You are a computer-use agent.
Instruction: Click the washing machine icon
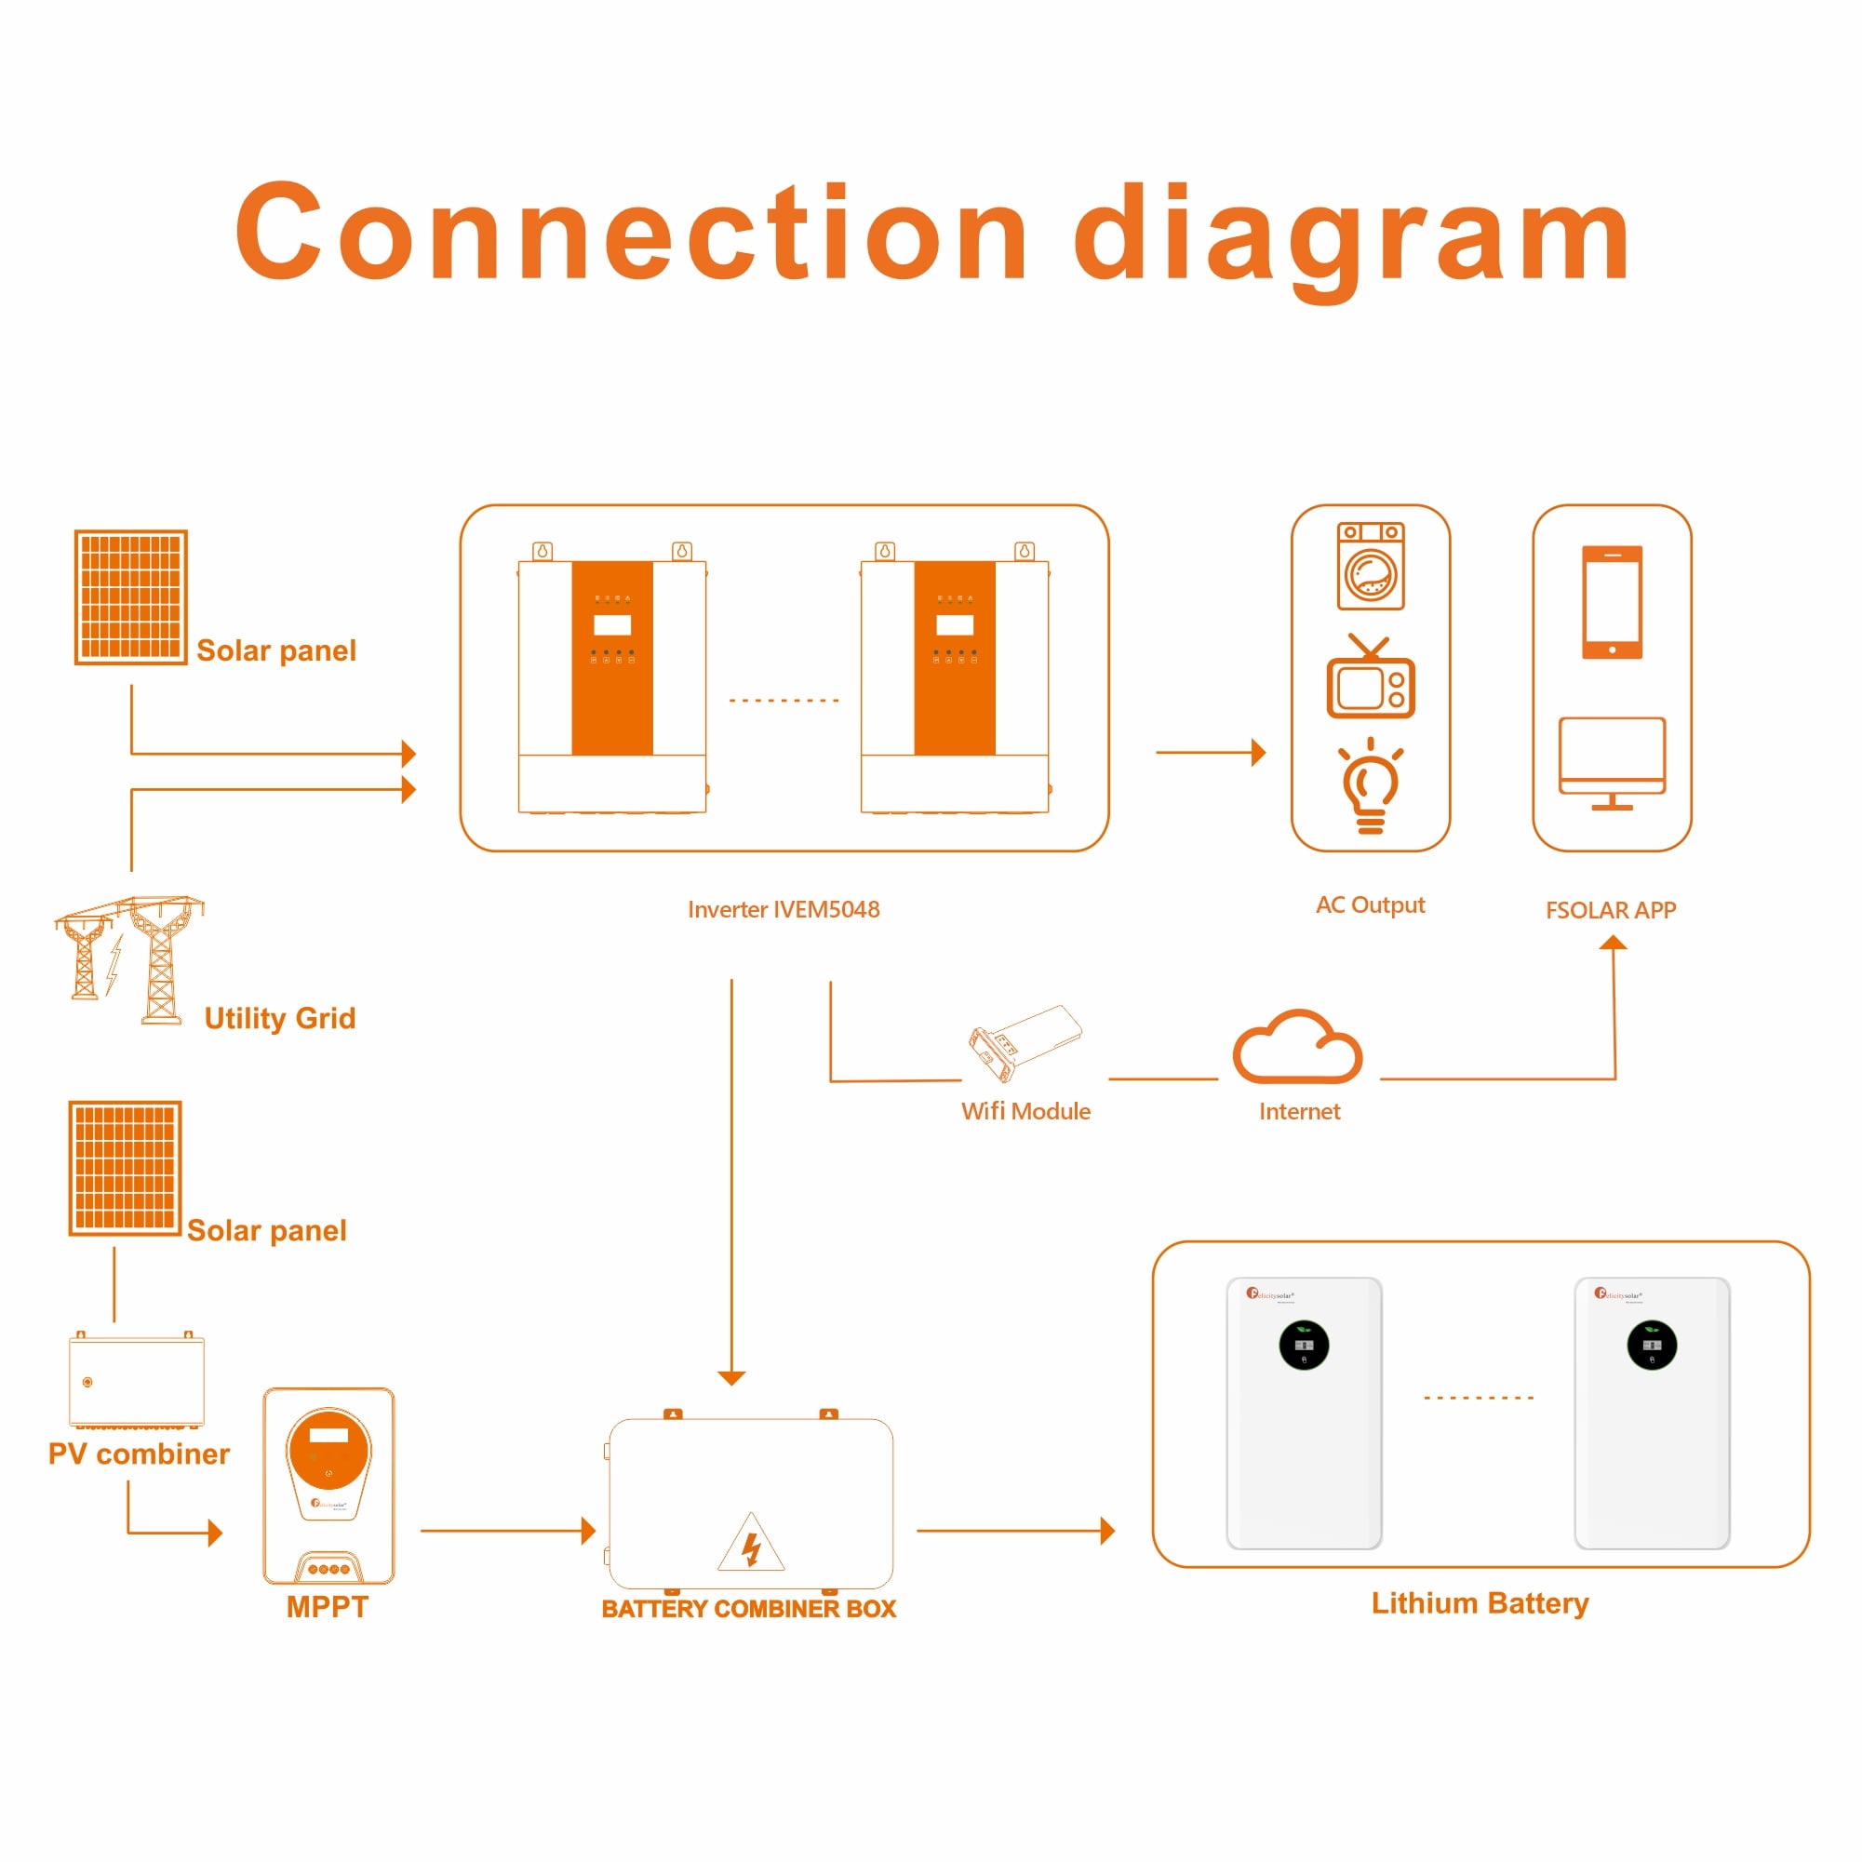[1371, 567]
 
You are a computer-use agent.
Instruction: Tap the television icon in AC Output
[1371, 680]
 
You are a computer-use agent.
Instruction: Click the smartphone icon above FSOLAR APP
[1612, 602]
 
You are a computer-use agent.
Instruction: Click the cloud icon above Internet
[1297, 1048]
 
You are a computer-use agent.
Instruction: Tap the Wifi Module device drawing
[1024, 1043]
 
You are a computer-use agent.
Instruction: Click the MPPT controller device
[328, 1485]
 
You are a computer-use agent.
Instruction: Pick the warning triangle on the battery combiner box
[751, 1544]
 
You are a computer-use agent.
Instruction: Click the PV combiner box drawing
[137, 1379]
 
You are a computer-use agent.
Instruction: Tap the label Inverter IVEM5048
[784, 910]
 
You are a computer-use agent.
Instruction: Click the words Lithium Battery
[1480, 1602]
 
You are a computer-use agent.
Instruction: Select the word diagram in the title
[1351, 235]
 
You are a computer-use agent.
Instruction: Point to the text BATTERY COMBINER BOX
[749, 1609]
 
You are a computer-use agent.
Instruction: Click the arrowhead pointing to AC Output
[1258, 753]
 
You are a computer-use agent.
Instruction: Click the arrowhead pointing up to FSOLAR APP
[1613, 943]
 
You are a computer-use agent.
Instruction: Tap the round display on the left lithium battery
[1303, 1346]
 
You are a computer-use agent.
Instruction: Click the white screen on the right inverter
[954, 624]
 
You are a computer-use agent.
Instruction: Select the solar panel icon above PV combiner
[126, 1167]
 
